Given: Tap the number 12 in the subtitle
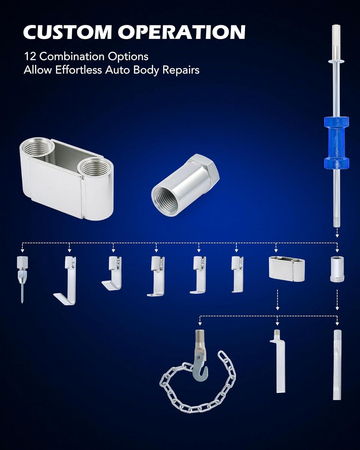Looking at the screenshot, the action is pyautogui.click(x=30, y=56).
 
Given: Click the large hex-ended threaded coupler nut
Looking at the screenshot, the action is pyautogui.click(x=185, y=186).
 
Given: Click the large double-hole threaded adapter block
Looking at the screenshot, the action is pyautogui.click(x=67, y=179).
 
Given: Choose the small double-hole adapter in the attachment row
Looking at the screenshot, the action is pyautogui.click(x=286, y=269).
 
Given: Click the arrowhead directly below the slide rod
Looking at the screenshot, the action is pyautogui.click(x=337, y=236).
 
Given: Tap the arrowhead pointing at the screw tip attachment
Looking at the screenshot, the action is pyautogui.click(x=22, y=250).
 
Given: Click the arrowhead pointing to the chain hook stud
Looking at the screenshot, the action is pyautogui.click(x=200, y=324).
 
